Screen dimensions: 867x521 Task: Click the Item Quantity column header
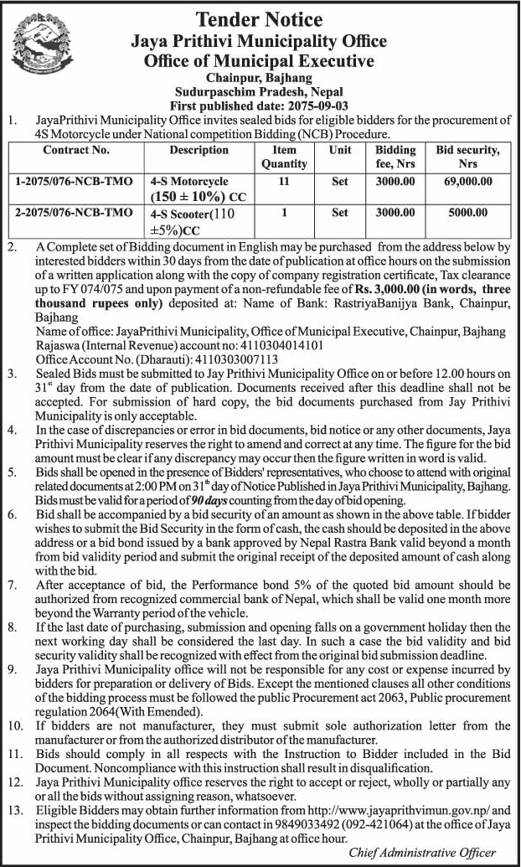(x=284, y=157)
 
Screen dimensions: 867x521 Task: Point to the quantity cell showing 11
(x=284, y=181)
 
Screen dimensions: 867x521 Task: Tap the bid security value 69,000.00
(x=467, y=181)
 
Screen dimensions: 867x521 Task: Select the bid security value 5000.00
(x=467, y=213)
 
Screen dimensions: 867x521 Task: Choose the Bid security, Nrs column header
(x=467, y=157)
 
